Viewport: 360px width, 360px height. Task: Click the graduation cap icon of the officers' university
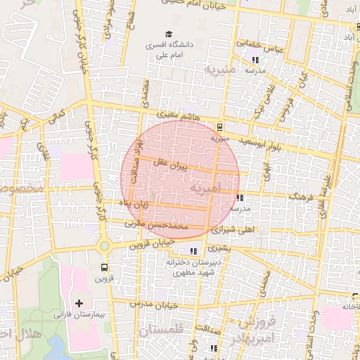pyautogui.click(x=168, y=34)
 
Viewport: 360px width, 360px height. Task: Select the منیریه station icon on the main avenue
pyautogui.click(x=221, y=127)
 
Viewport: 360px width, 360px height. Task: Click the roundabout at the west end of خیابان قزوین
pyautogui.click(x=105, y=246)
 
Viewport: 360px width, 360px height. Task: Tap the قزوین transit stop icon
pyautogui.click(x=105, y=267)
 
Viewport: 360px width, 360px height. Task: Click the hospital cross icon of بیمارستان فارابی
pyautogui.click(x=88, y=302)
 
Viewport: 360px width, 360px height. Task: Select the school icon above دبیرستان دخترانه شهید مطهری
pyautogui.click(x=193, y=251)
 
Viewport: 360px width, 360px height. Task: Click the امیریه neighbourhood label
pyautogui.click(x=210, y=188)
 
